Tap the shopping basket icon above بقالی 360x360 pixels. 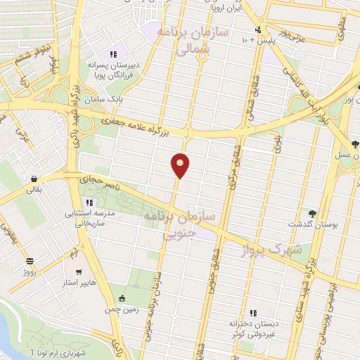point(34,178)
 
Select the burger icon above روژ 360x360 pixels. point(30,260)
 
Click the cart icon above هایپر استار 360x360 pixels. point(79,271)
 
